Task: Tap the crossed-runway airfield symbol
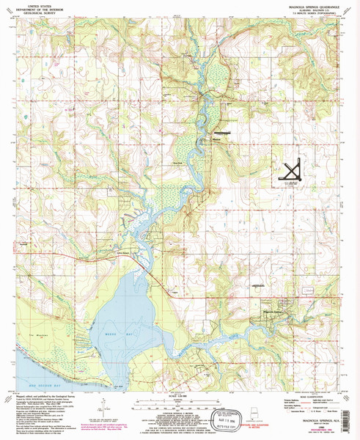(x=291, y=170)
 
